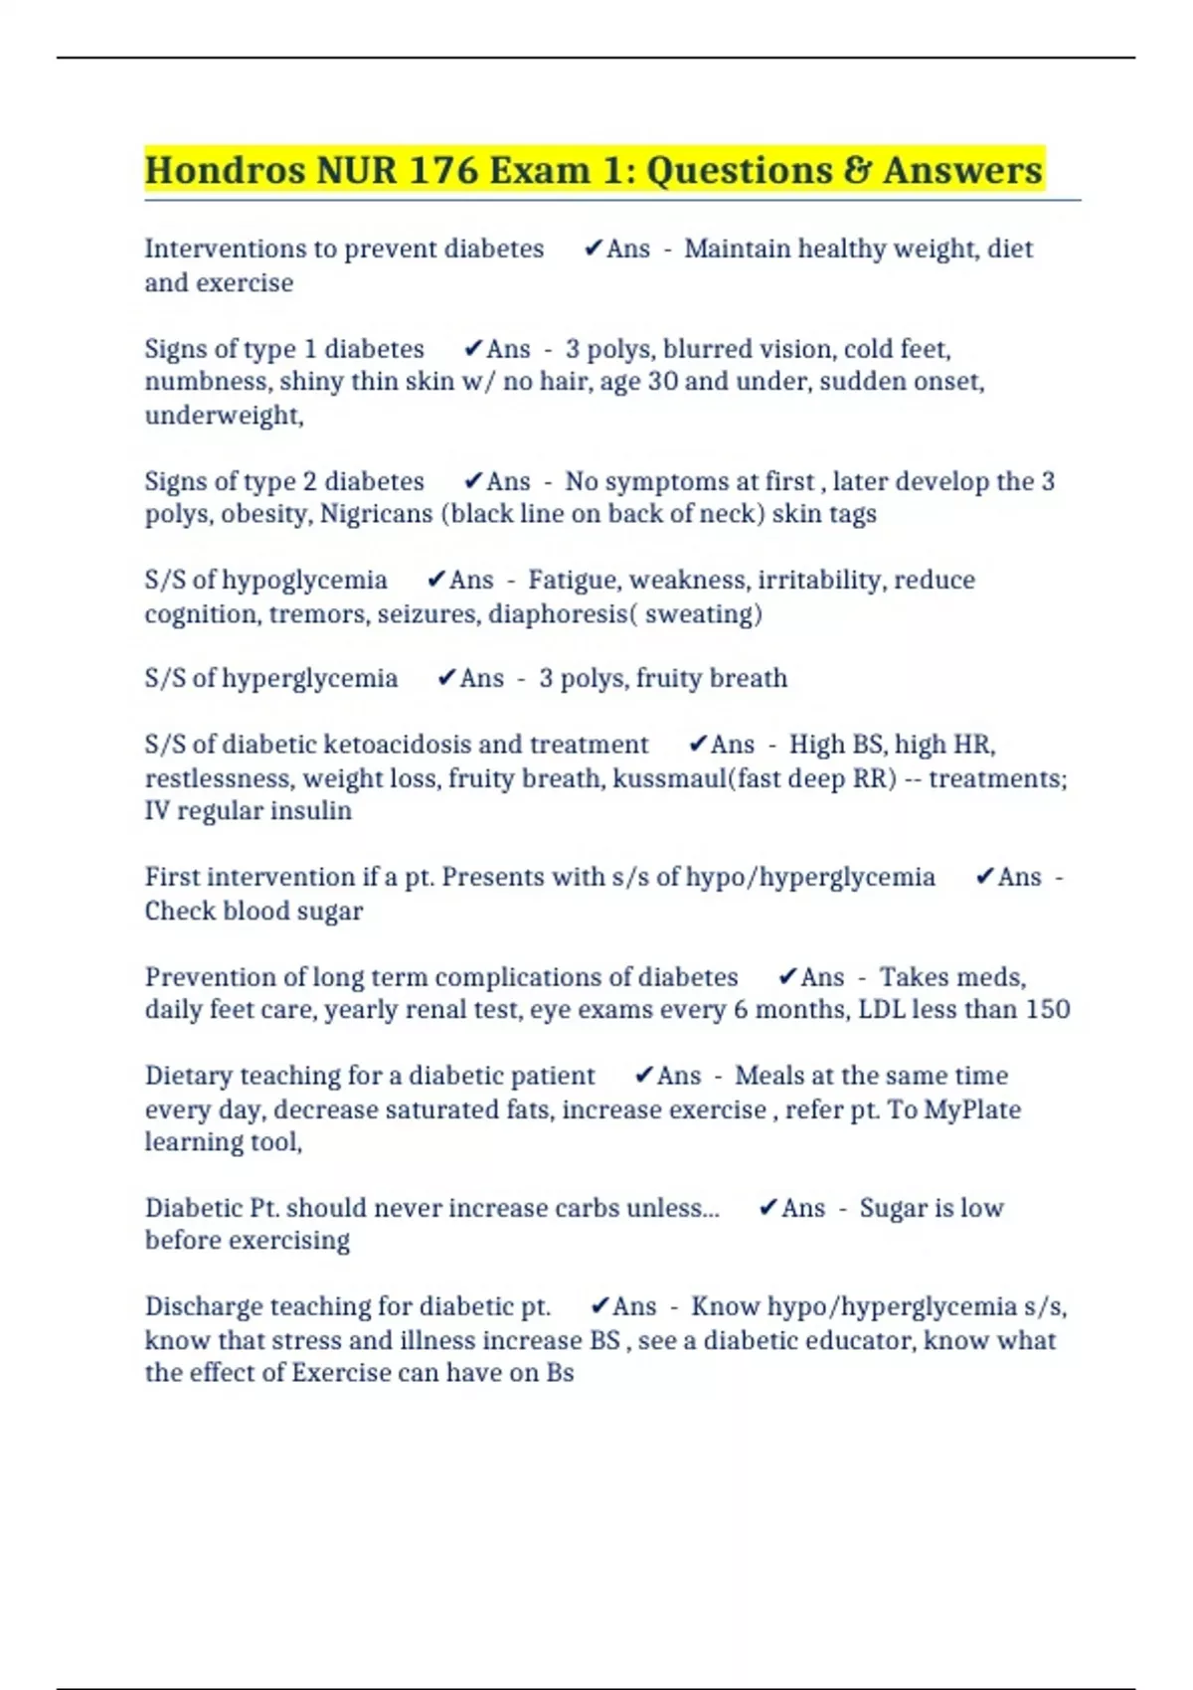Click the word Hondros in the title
click(x=225, y=170)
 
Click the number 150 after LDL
click(x=1048, y=1010)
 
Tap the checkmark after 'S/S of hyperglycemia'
click(x=446, y=678)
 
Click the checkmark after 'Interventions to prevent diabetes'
click(x=594, y=249)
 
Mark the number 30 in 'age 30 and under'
click(x=663, y=382)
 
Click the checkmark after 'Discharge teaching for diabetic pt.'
click(x=599, y=1306)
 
